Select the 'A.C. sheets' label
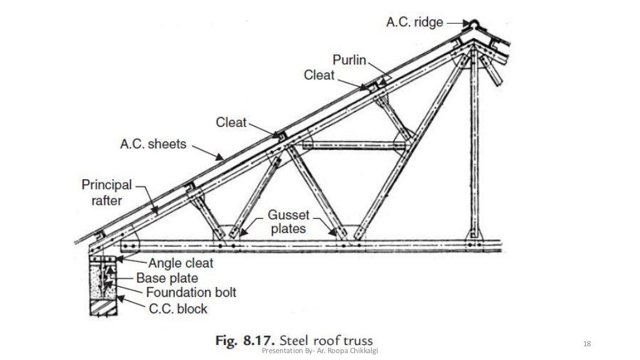pyautogui.click(x=153, y=144)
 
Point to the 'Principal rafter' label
pyautogui.click(x=107, y=192)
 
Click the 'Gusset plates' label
pyautogui.click(x=288, y=221)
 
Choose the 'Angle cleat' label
pyautogui.click(x=181, y=263)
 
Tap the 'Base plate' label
pyautogui.click(x=167, y=278)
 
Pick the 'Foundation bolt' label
pyautogui.click(x=191, y=292)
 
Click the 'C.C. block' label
pyautogui.click(x=177, y=308)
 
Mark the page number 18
pyautogui.click(x=586, y=344)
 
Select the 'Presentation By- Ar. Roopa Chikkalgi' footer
pyautogui.click(x=322, y=351)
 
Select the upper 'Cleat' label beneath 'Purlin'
pyautogui.click(x=319, y=75)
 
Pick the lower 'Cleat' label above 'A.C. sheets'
pyautogui.click(x=231, y=122)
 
